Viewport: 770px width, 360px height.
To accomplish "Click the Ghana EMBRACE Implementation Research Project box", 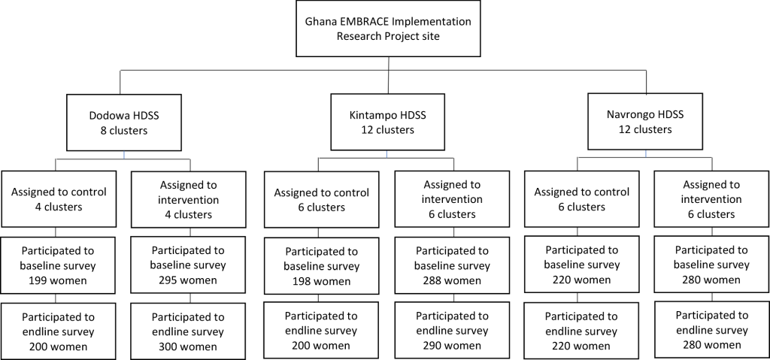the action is coord(388,29).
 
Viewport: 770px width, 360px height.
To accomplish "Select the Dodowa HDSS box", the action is coord(124,123).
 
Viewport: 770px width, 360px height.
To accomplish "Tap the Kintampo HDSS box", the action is coord(387,122).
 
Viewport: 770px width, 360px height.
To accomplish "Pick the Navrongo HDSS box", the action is coord(645,121).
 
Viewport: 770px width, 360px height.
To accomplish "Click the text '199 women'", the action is coord(55,281).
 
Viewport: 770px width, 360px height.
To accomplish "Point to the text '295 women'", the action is coord(188,280).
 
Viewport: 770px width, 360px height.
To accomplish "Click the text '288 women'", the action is coord(452,280).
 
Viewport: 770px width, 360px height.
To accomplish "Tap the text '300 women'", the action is coord(188,346).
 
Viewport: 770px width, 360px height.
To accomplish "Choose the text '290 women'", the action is coord(452,346).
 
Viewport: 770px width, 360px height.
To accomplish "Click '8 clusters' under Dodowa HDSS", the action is coord(124,131).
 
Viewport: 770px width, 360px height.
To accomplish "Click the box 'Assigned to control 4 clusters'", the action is coord(59,199).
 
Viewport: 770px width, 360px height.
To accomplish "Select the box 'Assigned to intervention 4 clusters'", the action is coord(189,199).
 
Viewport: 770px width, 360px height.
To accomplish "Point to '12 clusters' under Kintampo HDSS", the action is coord(387,130).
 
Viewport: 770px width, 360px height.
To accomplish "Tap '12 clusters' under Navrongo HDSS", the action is coord(645,130).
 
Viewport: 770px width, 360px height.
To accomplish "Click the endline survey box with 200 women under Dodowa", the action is coord(59,331).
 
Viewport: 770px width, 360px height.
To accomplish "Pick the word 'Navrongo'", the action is coord(631,115).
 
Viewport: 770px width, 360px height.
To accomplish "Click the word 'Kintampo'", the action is coord(373,116).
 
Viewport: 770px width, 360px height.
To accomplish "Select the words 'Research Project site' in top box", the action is coord(388,36).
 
